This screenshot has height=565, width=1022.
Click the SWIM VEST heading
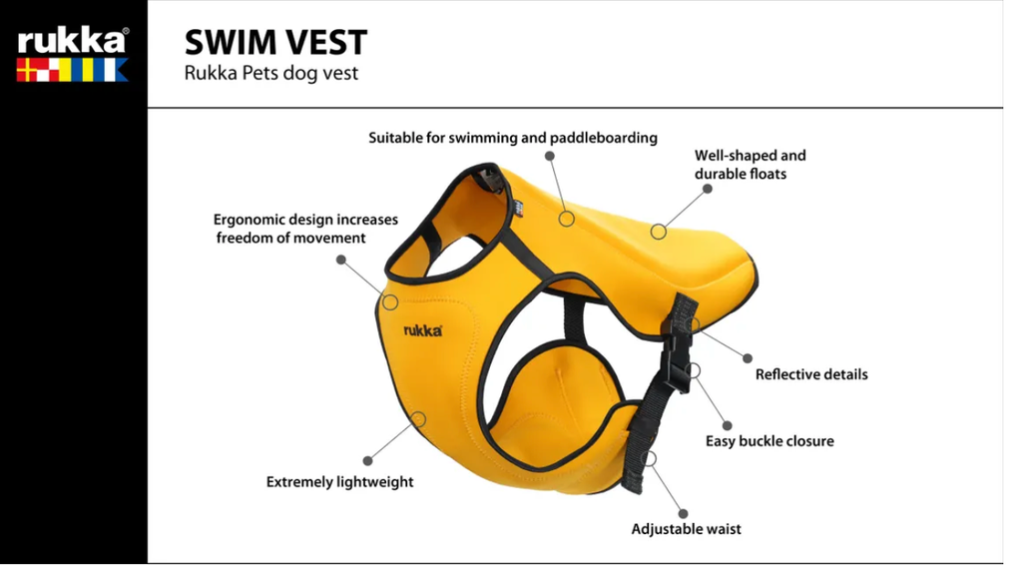tap(275, 42)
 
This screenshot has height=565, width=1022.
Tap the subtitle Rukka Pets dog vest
tap(271, 73)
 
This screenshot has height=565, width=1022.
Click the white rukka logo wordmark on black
tap(72, 40)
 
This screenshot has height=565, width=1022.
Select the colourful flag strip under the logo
tap(72, 70)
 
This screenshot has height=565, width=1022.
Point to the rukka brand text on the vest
tap(423, 330)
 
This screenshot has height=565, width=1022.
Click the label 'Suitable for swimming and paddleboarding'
tap(513, 138)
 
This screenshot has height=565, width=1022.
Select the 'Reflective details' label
tap(811, 374)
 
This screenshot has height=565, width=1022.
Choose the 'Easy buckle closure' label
tap(769, 441)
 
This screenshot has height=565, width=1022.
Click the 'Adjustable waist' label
tap(687, 529)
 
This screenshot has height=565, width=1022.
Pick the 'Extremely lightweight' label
tap(339, 482)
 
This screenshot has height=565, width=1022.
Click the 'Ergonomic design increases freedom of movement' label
tap(305, 229)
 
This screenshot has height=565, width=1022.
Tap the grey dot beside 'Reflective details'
tap(748, 358)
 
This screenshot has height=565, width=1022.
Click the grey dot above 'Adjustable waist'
tap(683, 513)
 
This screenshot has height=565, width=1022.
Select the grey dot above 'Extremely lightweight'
tap(367, 461)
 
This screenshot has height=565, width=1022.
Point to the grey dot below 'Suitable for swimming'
tap(550, 156)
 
